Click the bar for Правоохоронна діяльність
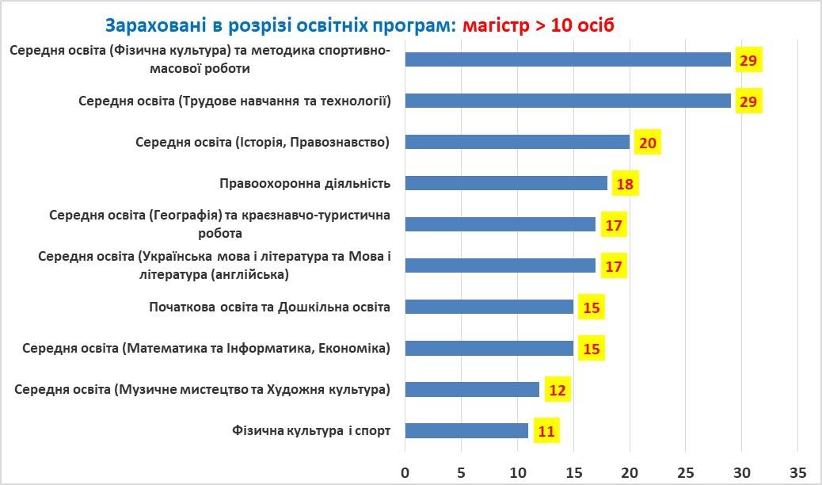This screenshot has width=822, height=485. pyautogui.click(x=506, y=183)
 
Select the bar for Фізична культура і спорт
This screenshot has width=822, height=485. pyautogui.click(x=466, y=430)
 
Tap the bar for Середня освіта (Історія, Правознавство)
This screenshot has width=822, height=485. pyautogui.click(x=517, y=142)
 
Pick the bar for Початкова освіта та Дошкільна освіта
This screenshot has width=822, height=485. pyautogui.click(x=489, y=307)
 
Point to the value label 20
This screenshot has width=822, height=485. pyautogui.click(x=647, y=143)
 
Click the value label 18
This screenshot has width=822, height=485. pyautogui.click(x=625, y=184)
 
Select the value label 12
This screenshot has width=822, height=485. pyautogui.click(x=557, y=390)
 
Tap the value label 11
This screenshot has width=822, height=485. pyautogui.click(x=546, y=431)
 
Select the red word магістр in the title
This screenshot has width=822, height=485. pyautogui.click(x=497, y=25)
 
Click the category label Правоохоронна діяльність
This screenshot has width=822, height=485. pyautogui.click(x=305, y=184)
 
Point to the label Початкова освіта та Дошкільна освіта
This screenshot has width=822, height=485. pyautogui.click(x=269, y=307)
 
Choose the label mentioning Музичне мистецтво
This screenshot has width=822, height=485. pyautogui.click(x=203, y=390)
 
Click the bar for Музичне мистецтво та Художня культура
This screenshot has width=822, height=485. pyautogui.click(x=472, y=389)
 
